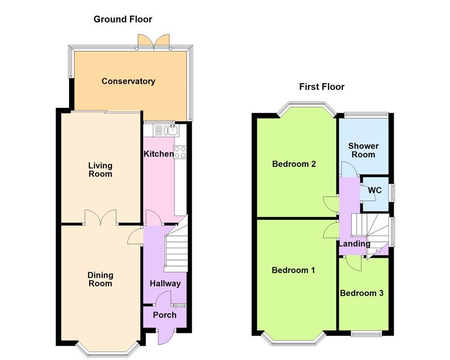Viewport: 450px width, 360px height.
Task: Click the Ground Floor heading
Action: coord(122,19)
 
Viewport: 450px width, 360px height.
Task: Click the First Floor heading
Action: coord(322,87)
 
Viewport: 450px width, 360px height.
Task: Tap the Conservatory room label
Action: coord(128,81)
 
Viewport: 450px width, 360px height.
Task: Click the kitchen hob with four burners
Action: coord(180,152)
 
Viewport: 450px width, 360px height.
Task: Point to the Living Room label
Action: coord(100,170)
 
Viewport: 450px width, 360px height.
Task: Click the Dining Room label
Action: coord(100,279)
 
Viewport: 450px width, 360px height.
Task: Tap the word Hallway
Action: coord(165,283)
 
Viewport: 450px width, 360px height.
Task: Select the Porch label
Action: coord(165,315)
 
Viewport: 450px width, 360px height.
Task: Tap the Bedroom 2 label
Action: coord(294,164)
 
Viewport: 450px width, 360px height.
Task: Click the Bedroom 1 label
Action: coord(293,270)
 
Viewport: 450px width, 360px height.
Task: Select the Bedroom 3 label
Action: coord(361,293)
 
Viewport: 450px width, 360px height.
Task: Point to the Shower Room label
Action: coord(363,150)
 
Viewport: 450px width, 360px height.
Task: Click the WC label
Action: coord(374,190)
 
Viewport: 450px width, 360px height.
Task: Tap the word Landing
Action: coord(355,244)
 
